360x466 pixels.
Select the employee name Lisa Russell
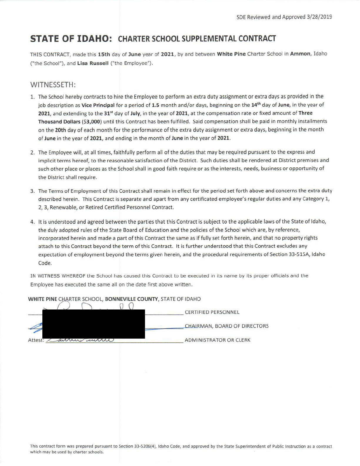coord(93,63)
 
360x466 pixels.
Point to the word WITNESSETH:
coord(53,85)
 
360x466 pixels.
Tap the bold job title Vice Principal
coord(98,105)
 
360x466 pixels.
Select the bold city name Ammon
coord(300,54)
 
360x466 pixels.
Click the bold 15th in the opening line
coord(104,54)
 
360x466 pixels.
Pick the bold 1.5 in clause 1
coord(156,105)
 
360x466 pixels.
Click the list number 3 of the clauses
coord(32,191)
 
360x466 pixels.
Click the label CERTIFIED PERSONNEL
coord(212,312)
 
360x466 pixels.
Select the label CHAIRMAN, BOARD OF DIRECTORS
coord(226,326)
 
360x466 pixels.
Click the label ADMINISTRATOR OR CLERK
coord(217,340)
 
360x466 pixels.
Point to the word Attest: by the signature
coord(36,340)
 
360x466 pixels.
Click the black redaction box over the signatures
coord(94,324)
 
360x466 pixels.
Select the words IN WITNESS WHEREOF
coord(58,276)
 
